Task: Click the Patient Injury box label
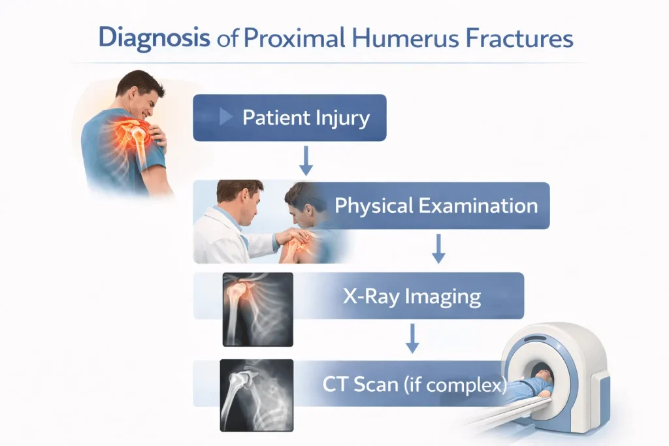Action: click(x=306, y=118)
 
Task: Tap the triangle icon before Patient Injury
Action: click(x=225, y=116)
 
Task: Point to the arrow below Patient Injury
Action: click(x=306, y=161)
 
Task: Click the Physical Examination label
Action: click(x=436, y=206)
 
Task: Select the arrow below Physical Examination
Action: click(x=438, y=249)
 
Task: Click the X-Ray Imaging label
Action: click(x=412, y=296)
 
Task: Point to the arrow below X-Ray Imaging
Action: click(x=412, y=338)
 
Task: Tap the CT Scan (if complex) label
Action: click(x=414, y=384)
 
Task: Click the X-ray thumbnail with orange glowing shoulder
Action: click(x=257, y=309)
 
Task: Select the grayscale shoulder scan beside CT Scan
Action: click(x=256, y=395)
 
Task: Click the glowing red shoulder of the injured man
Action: click(x=132, y=131)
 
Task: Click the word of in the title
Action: click(x=227, y=39)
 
